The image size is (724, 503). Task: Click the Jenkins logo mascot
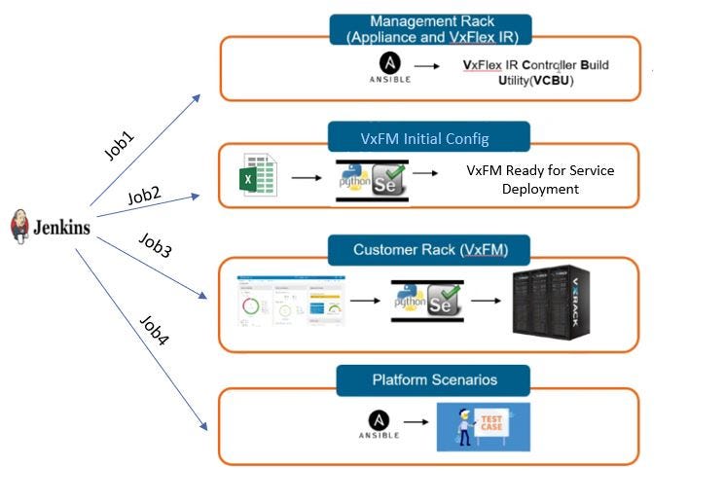[19, 226]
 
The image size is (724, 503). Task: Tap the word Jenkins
[61, 229]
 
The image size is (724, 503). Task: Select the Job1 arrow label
[119, 145]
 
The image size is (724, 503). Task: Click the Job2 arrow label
[144, 195]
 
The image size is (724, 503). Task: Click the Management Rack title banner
[431, 29]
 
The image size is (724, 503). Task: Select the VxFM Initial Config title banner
[428, 138]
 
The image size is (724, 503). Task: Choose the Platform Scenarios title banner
[433, 379]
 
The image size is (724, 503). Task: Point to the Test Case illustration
[483, 427]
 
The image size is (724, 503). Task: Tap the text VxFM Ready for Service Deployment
[540, 180]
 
